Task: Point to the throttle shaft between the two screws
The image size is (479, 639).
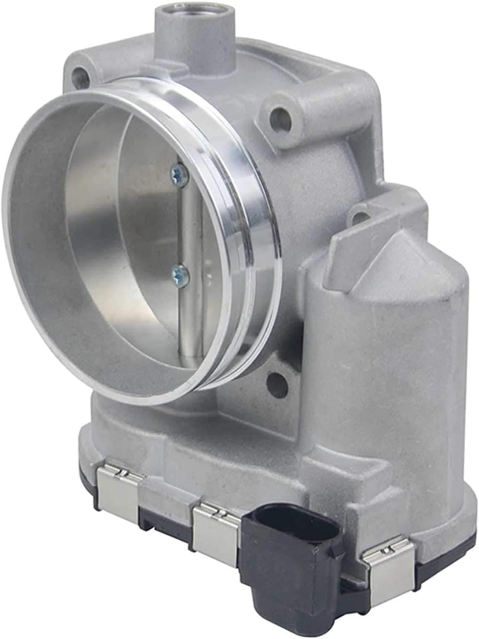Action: point(190,225)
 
